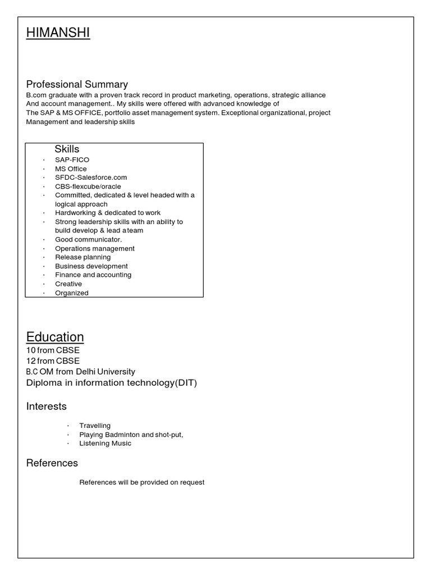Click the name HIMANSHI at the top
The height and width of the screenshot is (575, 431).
(x=58, y=34)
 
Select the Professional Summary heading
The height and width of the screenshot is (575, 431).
(x=77, y=84)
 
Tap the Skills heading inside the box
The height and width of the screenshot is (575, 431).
(x=67, y=149)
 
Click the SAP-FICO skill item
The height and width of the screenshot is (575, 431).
(x=72, y=160)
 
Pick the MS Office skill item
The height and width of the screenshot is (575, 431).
(x=71, y=169)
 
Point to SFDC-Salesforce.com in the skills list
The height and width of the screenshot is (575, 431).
(x=87, y=177)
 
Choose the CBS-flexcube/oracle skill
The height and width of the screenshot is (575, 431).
(x=88, y=186)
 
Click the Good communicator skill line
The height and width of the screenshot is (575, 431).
(x=88, y=239)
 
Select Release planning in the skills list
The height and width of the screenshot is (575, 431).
(x=82, y=257)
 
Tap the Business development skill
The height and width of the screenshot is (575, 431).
(x=91, y=266)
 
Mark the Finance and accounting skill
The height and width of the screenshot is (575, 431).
(x=93, y=275)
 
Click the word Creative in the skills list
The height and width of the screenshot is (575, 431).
(x=68, y=284)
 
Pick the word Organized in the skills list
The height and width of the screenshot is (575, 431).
(x=72, y=293)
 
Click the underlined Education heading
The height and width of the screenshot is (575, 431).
(x=55, y=337)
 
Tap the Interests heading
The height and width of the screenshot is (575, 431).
(x=47, y=406)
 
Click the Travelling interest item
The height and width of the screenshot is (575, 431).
(x=95, y=426)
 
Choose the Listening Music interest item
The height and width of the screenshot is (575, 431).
(x=105, y=444)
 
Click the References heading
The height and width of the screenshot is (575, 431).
(x=52, y=463)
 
